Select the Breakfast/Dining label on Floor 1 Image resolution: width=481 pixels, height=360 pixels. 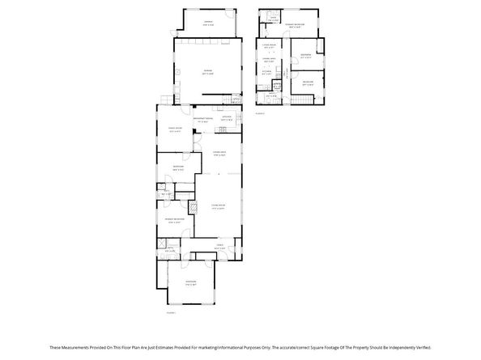[x=203, y=120]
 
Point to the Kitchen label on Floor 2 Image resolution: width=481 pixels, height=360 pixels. [x=266, y=71]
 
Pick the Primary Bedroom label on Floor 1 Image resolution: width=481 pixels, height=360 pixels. [x=176, y=218]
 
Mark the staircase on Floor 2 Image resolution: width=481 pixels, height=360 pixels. [x=302, y=97]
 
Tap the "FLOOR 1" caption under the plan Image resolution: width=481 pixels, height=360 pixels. [x=171, y=311]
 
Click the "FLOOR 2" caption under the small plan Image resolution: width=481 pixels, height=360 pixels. [x=260, y=113]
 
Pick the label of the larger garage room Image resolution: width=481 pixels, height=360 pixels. [x=207, y=70]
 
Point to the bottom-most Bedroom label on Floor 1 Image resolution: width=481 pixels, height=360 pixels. [x=191, y=282]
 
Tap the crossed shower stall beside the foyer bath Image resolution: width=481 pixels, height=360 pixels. [x=160, y=243]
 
